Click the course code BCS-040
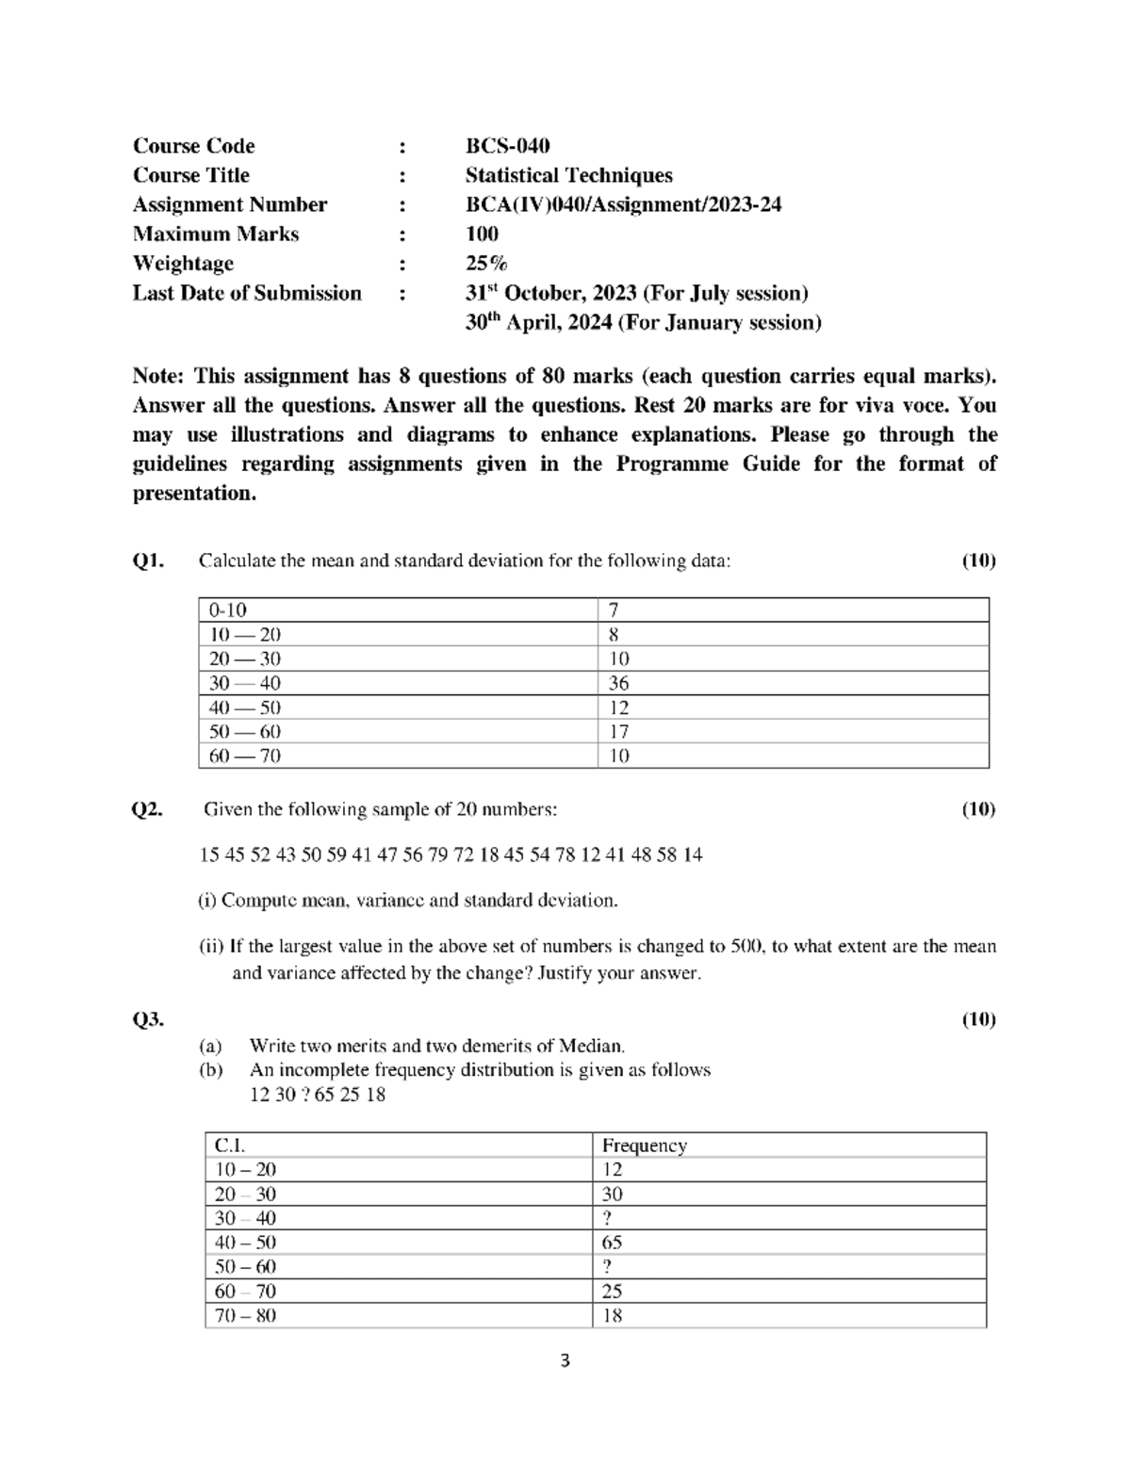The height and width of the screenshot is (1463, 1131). coord(507,146)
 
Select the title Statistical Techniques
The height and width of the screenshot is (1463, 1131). coord(568,175)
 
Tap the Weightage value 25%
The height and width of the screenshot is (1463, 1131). coord(485,264)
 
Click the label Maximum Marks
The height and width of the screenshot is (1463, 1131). coord(215,235)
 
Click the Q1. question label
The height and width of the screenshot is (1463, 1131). coord(148,561)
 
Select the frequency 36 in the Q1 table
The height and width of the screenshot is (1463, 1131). coord(618,683)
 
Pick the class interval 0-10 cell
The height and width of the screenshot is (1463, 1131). coord(228,610)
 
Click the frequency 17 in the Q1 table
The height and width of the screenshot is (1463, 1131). coord(618,732)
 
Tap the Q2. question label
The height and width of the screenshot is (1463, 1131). coord(148,809)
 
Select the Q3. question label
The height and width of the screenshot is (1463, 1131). coord(148,1019)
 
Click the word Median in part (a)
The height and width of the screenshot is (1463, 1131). coord(590,1046)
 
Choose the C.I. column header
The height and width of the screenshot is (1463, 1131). coord(229,1146)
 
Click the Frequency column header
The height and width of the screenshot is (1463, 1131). coord(644,1146)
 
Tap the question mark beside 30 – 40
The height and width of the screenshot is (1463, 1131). coord(607,1218)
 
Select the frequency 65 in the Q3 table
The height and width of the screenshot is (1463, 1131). coord(612,1243)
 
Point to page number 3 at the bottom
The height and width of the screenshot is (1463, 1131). coord(565,1361)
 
